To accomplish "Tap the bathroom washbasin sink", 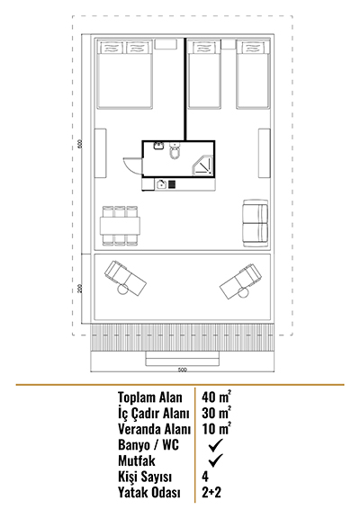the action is [x=158, y=146].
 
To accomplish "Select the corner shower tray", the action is [x=203, y=165].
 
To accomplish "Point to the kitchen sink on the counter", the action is [x=161, y=184].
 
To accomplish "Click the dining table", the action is [x=121, y=226].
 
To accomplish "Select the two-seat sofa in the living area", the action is [x=256, y=223].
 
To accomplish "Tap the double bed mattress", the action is [x=125, y=75].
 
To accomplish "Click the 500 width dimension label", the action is [x=183, y=370].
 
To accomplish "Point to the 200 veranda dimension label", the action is [x=80, y=288].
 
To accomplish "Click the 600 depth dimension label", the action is [x=80, y=144].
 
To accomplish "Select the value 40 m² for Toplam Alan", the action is [x=216, y=397].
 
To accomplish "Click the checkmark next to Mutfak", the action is [x=216, y=460].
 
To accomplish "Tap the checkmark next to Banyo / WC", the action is [x=216, y=445].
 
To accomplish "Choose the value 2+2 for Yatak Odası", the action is [x=211, y=492].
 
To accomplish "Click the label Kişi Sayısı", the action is [x=145, y=477].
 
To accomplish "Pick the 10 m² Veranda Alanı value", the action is [x=216, y=428].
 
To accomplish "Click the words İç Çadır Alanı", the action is [x=154, y=414].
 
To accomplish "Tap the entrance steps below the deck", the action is [x=183, y=359].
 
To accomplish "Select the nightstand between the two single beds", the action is [x=229, y=44].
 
